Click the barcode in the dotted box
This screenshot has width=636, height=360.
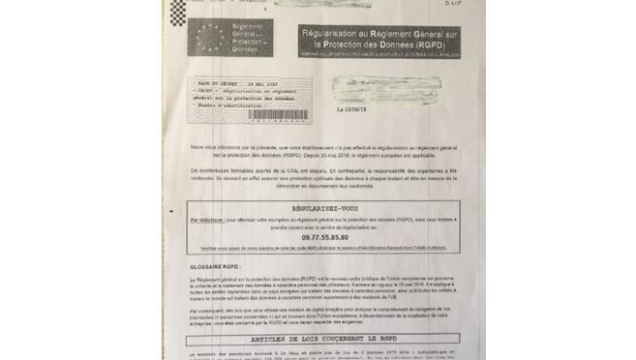coord(279,114)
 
